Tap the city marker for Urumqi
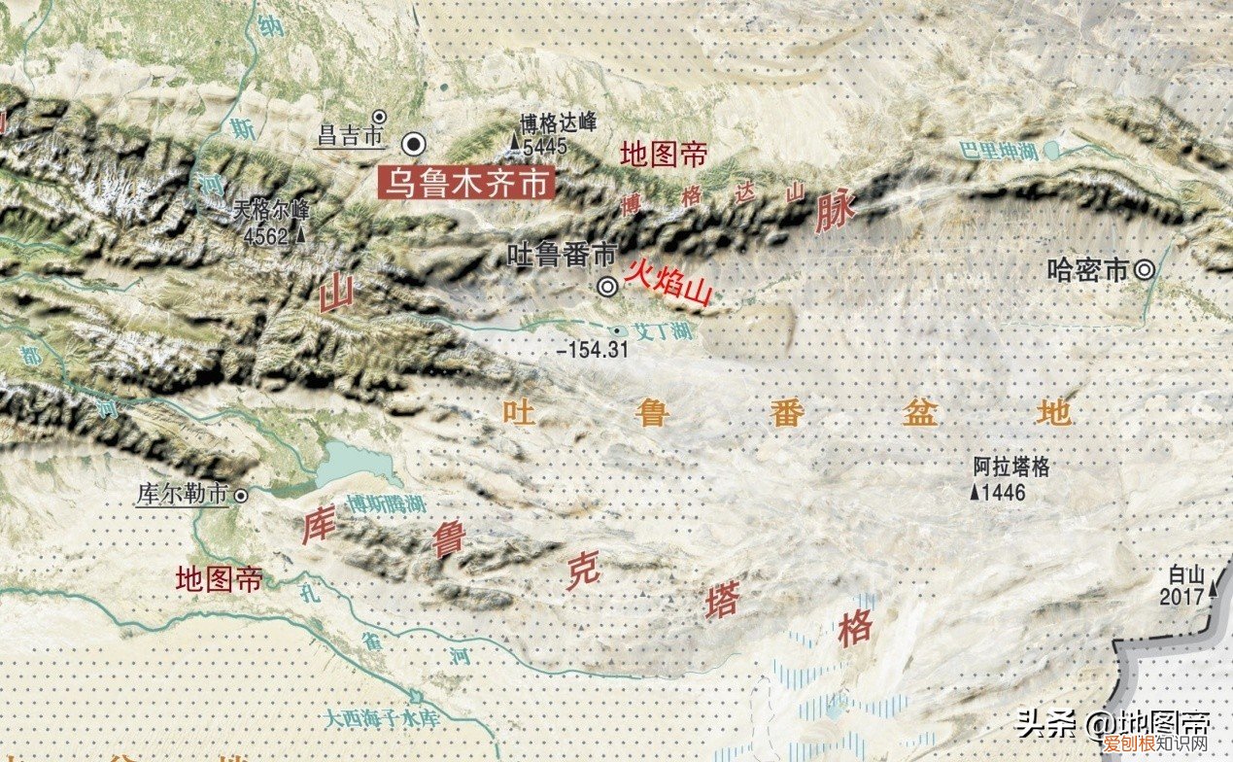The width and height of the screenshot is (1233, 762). point(415,144)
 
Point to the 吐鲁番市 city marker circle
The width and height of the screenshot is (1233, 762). point(608,286)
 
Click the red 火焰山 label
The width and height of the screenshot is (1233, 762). point(668,281)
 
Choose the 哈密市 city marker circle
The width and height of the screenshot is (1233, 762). point(1146,270)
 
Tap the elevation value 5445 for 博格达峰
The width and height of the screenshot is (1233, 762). point(544,147)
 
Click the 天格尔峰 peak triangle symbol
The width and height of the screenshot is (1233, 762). point(301,234)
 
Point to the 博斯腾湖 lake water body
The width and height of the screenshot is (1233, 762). point(355,465)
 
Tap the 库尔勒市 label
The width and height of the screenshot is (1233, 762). point(182,494)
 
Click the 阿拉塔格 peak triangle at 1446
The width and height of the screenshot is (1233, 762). point(975,493)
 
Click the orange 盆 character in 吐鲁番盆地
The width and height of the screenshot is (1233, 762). point(919,412)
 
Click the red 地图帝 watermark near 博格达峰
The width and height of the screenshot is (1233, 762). point(664,154)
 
